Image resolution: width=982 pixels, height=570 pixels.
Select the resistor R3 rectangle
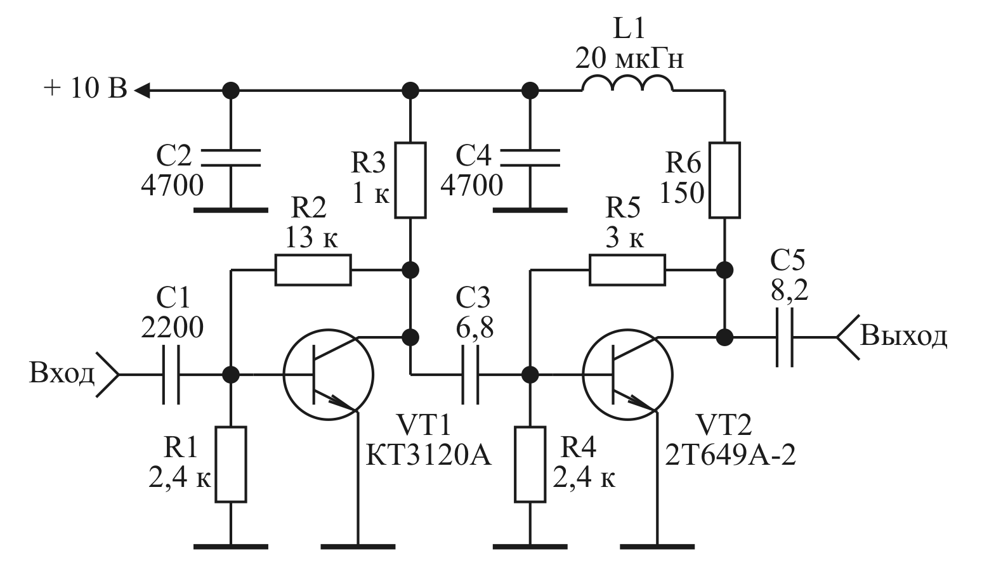click(410, 180)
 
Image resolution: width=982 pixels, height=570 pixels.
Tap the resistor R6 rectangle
click(724, 180)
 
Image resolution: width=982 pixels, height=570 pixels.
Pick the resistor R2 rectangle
click(313, 270)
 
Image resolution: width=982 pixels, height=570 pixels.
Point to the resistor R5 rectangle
click(627, 270)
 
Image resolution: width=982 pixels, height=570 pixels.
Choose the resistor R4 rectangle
click(530, 465)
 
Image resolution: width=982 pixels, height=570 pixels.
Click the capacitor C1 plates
click(171, 375)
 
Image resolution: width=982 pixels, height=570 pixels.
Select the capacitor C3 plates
click(470, 375)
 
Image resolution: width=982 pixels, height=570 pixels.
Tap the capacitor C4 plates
click(530, 158)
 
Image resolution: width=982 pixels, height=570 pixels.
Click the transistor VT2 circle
click(627, 375)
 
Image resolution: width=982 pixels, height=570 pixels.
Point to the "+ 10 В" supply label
click(85, 89)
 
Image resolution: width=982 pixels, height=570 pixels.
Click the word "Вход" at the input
click(61, 374)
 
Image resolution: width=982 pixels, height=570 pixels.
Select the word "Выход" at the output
click(903, 335)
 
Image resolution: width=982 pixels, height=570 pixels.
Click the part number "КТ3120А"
click(429, 455)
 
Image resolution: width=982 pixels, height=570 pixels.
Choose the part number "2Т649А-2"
click(730, 455)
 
